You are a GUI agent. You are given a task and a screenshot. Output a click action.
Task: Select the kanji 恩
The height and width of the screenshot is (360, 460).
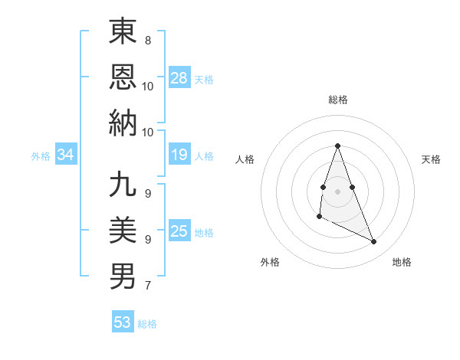123,76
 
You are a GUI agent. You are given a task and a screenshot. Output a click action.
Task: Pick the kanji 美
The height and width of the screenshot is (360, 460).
123,229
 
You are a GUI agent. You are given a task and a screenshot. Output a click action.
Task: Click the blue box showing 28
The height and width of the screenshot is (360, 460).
179,77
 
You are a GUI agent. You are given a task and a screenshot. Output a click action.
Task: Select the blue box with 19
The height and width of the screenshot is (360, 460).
179,155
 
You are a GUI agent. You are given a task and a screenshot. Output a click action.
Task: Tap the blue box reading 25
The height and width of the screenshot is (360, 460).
179,231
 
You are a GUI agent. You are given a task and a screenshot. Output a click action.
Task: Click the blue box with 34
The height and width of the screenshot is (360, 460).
65,155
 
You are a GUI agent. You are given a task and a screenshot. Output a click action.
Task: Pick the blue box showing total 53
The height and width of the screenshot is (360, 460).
123,322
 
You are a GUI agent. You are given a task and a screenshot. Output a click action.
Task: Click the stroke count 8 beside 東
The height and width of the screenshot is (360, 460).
147,40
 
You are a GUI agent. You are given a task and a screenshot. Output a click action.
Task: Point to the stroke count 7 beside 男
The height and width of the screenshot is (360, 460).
147,286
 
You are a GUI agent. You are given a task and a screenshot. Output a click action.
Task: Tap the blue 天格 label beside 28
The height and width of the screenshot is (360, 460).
204,79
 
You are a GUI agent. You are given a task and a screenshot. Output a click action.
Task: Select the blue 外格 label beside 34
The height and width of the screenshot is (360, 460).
41,156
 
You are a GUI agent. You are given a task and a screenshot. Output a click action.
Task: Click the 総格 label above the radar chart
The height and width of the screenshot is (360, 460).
337,100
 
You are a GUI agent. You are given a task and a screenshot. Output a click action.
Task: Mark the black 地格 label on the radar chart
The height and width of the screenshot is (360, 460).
402,263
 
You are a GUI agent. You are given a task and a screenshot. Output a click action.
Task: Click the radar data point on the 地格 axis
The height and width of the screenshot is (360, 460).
374,241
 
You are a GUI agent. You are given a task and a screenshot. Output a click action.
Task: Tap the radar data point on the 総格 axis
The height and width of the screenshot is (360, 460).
337,146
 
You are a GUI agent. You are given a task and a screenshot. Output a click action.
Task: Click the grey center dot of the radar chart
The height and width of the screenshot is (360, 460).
337,191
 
